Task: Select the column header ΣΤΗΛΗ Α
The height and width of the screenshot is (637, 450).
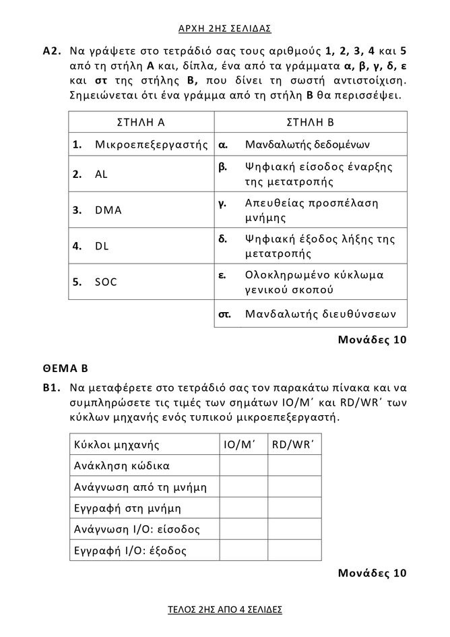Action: (141, 122)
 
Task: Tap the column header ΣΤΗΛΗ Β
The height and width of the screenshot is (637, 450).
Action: (311, 122)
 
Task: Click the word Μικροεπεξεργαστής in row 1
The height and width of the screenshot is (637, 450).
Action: (150, 144)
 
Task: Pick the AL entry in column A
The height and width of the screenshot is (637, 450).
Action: (101, 174)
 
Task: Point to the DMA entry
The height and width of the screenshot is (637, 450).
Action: (108, 210)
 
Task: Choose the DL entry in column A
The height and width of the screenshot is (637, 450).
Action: (102, 246)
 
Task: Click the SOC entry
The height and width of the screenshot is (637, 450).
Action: (106, 282)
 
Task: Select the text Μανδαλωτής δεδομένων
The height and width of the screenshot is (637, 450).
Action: (307, 144)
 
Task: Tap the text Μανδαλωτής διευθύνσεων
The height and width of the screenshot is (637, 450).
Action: (321, 313)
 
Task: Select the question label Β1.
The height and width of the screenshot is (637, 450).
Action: (52, 389)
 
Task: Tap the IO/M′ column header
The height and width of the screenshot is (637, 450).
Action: (243, 444)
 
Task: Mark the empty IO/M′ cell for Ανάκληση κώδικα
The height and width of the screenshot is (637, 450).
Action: (243, 465)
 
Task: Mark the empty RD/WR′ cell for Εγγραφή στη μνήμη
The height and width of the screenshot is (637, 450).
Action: (294, 508)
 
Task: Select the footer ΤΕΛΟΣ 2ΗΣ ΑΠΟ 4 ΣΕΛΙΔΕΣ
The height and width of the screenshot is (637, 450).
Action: (224, 609)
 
